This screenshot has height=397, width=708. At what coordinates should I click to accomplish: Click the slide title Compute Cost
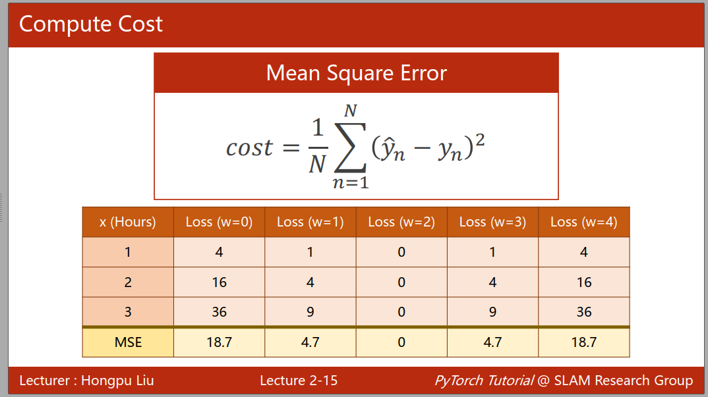tap(91, 24)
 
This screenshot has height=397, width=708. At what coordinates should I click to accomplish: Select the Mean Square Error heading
tap(356, 73)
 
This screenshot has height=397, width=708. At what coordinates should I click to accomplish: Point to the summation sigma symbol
tap(350, 147)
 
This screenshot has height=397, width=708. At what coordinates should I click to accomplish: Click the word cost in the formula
tap(249, 148)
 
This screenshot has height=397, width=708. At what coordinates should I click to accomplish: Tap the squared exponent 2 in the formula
tap(480, 140)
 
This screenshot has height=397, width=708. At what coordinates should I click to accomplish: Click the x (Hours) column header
tap(128, 222)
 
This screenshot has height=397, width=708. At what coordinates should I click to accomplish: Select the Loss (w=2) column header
tap(401, 222)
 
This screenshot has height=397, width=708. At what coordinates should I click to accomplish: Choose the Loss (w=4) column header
tap(584, 222)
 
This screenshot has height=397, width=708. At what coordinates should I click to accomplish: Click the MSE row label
tap(129, 342)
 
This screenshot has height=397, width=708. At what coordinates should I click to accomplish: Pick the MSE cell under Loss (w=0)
tap(220, 342)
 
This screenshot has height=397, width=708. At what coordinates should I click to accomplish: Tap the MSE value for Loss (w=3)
tap(492, 342)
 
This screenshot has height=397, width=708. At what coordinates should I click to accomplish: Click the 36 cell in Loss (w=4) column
tap(584, 311)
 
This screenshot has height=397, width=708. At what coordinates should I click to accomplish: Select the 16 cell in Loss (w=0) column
tap(220, 282)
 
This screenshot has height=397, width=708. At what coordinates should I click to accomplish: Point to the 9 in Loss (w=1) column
tap(310, 311)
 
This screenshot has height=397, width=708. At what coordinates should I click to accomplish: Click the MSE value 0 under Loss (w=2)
tap(401, 342)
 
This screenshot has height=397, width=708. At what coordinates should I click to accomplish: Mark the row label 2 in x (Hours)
tap(129, 282)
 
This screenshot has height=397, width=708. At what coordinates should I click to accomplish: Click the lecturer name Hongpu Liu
tap(117, 381)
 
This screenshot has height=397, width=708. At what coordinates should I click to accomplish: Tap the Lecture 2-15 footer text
tap(299, 381)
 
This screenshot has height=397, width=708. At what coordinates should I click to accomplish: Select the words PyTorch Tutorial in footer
tap(484, 381)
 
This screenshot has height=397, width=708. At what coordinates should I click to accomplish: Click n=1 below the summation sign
tap(351, 183)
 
